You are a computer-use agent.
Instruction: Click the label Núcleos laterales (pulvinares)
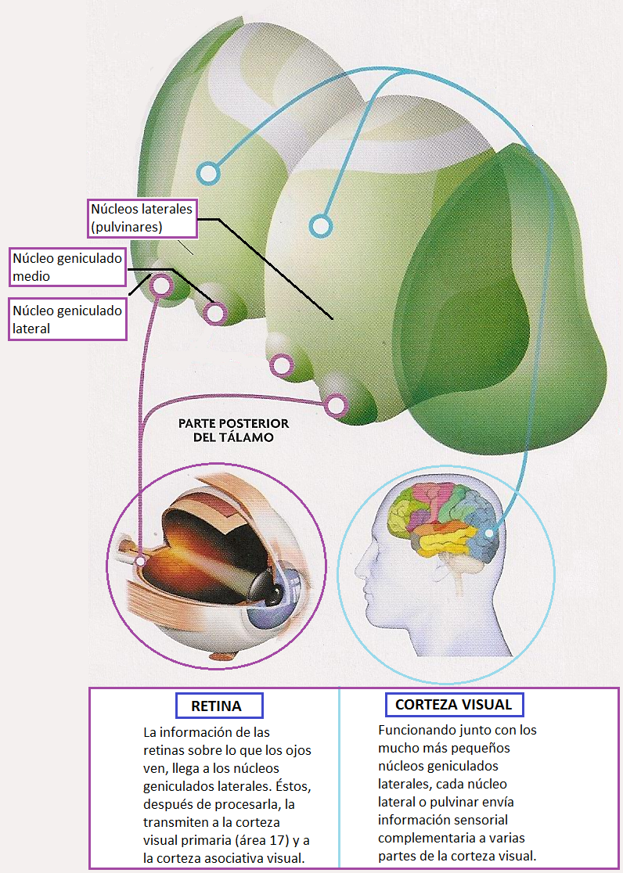tap(141, 218)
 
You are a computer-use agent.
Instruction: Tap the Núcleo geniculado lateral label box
tap(68, 319)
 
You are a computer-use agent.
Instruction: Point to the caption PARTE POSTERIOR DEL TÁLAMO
tap(234, 430)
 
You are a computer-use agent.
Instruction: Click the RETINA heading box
tap(216, 706)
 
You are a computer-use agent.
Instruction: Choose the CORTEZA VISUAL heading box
tap(454, 705)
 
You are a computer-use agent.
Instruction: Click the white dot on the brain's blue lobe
tap(490, 533)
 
